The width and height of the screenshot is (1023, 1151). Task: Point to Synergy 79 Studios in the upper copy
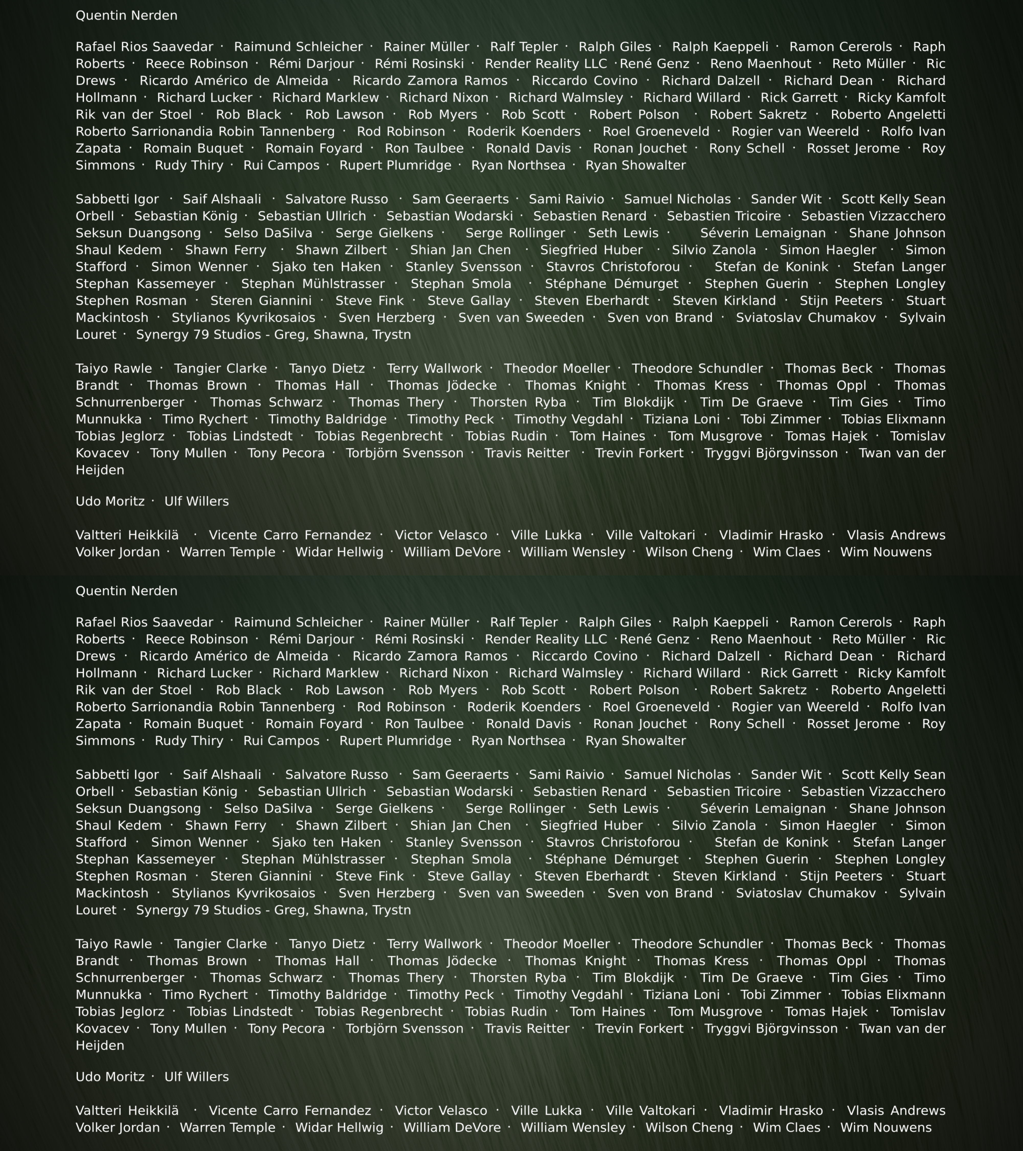pyautogui.click(x=273, y=335)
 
